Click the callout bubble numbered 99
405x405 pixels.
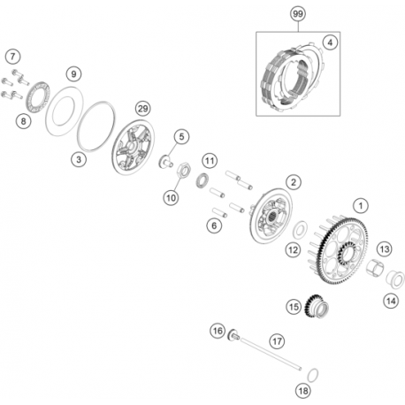point(298,13)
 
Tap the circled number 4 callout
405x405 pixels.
point(330,42)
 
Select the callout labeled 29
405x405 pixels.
point(143,109)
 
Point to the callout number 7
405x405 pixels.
point(12,56)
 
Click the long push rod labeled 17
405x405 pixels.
point(271,354)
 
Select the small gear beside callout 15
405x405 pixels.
point(317,306)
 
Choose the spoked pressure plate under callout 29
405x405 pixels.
point(134,147)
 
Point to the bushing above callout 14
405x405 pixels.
point(395,279)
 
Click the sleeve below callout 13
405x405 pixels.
point(375,267)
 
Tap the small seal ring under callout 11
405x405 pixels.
point(202,180)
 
